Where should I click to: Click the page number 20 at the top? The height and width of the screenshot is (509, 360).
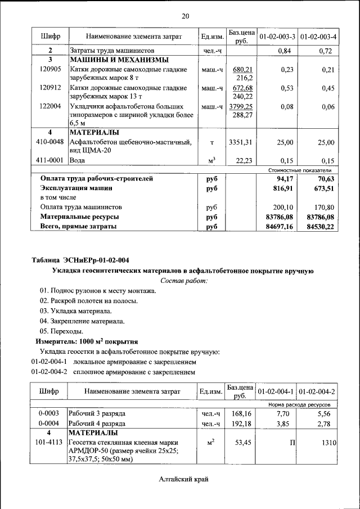(x=186, y=16)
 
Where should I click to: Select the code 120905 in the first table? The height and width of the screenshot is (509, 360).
(x=50, y=69)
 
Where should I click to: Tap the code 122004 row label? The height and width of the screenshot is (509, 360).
(x=50, y=106)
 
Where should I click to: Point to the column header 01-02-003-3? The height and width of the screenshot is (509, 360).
(x=277, y=37)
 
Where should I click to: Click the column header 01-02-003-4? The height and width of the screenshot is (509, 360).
(x=318, y=37)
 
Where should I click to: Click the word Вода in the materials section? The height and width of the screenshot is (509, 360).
(x=77, y=160)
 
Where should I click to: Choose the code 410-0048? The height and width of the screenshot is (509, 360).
(x=50, y=142)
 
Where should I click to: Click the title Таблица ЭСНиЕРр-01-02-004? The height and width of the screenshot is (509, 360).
(x=80, y=260)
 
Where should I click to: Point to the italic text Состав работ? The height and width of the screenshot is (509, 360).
(x=184, y=280)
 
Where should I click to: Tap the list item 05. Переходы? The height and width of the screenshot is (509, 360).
(x=63, y=331)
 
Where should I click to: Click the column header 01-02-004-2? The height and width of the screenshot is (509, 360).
(x=318, y=391)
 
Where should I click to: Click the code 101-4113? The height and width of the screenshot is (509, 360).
(x=50, y=443)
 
